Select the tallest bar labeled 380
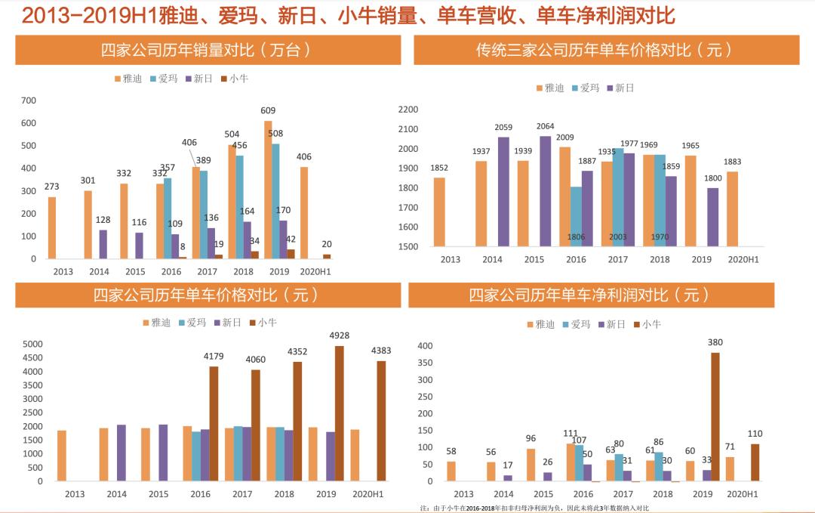(x=715, y=416)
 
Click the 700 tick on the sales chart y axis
(x=29, y=100)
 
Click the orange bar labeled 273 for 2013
(x=52, y=227)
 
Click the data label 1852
(x=440, y=168)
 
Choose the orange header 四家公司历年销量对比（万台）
(x=208, y=51)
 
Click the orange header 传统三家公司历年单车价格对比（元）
(x=604, y=51)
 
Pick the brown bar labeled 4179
(x=214, y=423)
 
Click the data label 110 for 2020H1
(x=755, y=434)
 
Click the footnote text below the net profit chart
(x=534, y=508)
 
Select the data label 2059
(x=503, y=127)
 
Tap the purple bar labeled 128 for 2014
(x=103, y=244)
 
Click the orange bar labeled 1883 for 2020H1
(x=733, y=209)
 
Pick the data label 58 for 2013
(x=451, y=451)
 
